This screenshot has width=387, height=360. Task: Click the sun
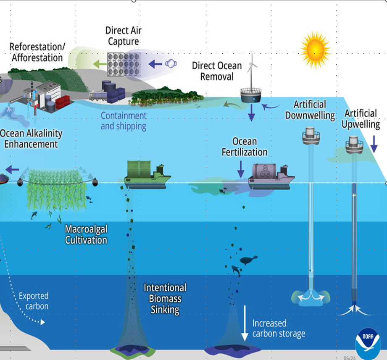click(316, 50)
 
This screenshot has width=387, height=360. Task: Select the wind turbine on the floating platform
click(252, 71)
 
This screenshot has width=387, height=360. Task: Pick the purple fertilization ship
click(271, 176)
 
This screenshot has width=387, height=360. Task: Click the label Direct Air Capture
click(124, 36)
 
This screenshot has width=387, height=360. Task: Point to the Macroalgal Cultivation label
click(86, 234)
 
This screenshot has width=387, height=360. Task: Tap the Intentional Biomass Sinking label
click(165, 299)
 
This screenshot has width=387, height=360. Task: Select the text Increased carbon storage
click(279, 328)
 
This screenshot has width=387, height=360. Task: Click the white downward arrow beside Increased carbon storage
click(245, 323)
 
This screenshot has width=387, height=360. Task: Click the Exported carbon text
click(34, 301)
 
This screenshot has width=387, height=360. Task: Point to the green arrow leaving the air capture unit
click(100, 64)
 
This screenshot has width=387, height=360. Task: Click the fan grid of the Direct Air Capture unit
click(124, 64)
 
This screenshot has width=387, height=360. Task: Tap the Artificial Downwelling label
click(310, 110)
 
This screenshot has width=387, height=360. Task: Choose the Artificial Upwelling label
click(361, 119)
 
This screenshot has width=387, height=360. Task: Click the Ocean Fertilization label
click(244, 147)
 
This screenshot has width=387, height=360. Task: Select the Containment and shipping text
click(124, 121)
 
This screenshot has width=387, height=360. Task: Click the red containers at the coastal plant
click(63, 102)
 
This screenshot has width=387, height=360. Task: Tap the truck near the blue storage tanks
click(98, 96)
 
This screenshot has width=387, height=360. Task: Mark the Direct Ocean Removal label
click(217, 71)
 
